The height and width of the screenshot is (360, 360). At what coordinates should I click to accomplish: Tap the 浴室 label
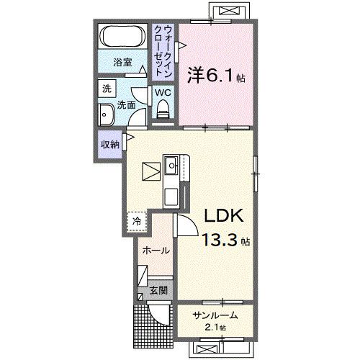pyautogui.click(x=123, y=63)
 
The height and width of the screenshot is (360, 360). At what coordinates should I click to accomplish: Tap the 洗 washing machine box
pyautogui.click(x=107, y=89)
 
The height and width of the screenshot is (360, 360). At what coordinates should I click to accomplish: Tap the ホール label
pyautogui.click(x=156, y=251)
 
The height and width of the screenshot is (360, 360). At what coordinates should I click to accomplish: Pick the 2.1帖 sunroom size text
pyautogui.click(x=214, y=328)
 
